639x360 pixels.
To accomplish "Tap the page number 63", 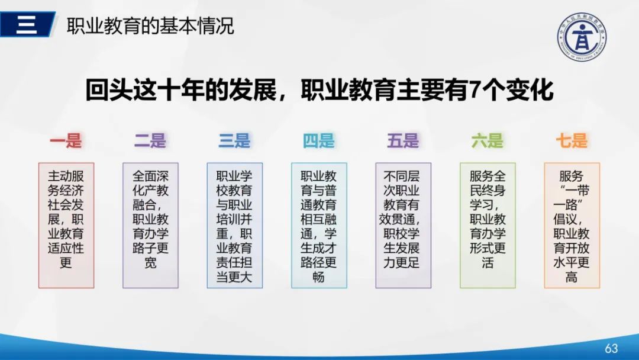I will pos(611,348).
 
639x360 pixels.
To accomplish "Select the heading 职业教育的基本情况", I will pos(150,26).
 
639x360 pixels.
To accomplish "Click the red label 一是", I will pos(66,141).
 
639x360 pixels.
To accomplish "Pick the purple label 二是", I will pos(150,141).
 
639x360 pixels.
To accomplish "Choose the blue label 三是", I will pos(234,141).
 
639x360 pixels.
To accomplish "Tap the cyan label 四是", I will pos(319,141).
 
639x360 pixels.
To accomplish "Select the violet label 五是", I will pos(403,141).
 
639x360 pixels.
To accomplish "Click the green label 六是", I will pos(488,141).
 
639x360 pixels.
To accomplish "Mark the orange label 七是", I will pos(572,141).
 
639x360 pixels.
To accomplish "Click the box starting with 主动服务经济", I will pos(66,225).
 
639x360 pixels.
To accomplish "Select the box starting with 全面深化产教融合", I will pos(150,225).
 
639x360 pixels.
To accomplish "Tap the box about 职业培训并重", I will pos(234,225).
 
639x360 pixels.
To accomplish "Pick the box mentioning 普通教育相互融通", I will pos(319,225).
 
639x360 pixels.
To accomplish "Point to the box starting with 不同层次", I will pos(403,225).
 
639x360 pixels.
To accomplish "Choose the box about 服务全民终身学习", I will pos(488,225).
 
